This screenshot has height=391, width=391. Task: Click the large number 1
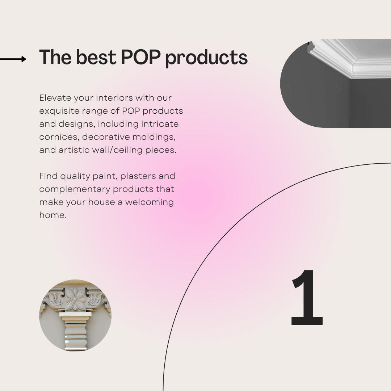(307, 298)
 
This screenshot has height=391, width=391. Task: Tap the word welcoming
(149, 202)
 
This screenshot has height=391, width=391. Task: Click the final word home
(52, 215)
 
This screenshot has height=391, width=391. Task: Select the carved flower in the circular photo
(75, 299)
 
